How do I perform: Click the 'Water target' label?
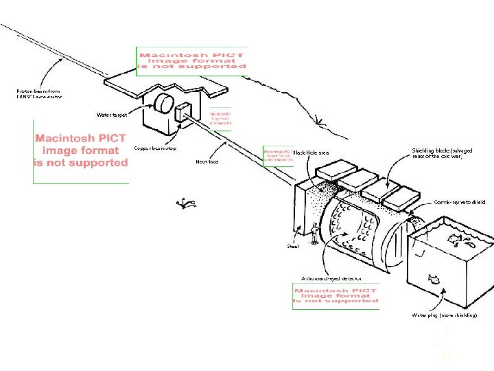coord(111,115)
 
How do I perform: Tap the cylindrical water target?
coord(165,104)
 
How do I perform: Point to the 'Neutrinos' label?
coord(207,162)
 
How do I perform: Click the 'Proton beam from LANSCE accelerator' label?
coord(39,93)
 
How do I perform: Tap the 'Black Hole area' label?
coord(311,153)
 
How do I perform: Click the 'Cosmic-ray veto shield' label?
coord(459,203)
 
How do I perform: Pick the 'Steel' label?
coord(293,245)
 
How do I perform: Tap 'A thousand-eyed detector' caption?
coord(331,278)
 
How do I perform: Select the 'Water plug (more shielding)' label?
coord(443,315)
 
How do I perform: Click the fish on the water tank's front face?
coord(434,279)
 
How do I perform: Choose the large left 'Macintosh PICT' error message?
coord(81,150)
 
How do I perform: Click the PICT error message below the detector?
coord(336,297)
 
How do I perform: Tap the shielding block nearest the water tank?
coord(400,199)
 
